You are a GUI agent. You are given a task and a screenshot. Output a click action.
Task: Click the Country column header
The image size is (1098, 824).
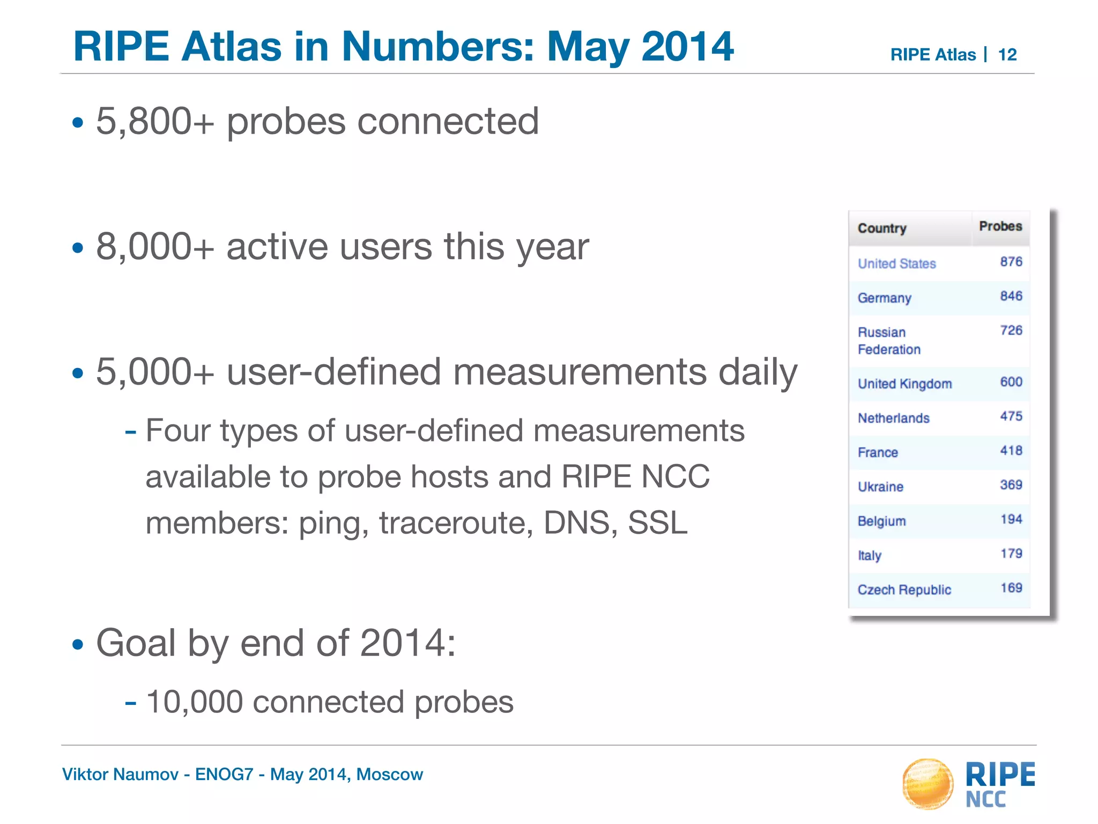[x=881, y=229]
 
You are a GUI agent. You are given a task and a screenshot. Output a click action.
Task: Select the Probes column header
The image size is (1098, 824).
[x=1000, y=226]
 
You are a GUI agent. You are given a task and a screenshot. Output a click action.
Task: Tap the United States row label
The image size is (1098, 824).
[x=896, y=263]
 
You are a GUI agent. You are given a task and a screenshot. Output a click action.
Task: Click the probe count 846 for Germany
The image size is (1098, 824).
[x=1011, y=296]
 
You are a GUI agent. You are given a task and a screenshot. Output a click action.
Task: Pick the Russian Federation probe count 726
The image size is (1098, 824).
[x=1011, y=330]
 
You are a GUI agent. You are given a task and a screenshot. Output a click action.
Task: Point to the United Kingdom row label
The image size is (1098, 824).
[x=904, y=384]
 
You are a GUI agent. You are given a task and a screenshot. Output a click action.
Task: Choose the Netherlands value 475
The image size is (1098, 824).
[x=1011, y=416]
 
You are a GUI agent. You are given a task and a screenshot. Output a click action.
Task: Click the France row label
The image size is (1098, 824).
[x=878, y=452]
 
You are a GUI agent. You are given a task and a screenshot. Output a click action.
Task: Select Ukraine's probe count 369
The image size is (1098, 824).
[x=1011, y=485]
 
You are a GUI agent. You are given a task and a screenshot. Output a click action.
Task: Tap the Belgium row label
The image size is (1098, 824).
[x=881, y=521]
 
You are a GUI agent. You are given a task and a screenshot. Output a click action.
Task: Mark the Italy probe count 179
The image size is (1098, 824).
[x=1011, y=554]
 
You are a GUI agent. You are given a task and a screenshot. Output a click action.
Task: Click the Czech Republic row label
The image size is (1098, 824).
[x=904, y=590]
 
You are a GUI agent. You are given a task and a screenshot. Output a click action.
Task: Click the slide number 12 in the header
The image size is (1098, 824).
[x=1007, y=55]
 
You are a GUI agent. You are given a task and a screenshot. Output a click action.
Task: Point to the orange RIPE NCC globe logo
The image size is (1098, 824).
[x=928, y=783]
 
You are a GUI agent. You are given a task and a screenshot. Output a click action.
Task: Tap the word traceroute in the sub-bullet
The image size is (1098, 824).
[x=456, y=523]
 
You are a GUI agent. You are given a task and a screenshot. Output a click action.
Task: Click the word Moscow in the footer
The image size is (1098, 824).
[x=389, y=774]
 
